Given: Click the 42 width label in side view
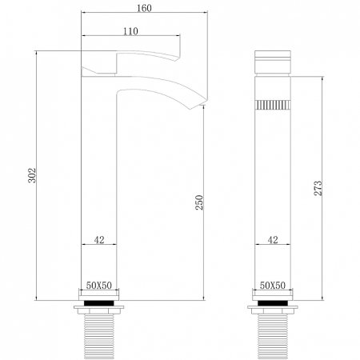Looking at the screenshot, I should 98,238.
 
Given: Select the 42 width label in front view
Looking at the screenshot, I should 273,238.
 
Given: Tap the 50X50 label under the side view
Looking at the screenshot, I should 99,286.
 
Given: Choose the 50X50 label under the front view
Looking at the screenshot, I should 273,286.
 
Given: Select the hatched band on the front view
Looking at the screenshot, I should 273,103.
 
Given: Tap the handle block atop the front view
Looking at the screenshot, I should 273,64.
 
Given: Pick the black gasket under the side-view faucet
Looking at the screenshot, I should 99,306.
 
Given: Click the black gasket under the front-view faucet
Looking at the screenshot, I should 273,306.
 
